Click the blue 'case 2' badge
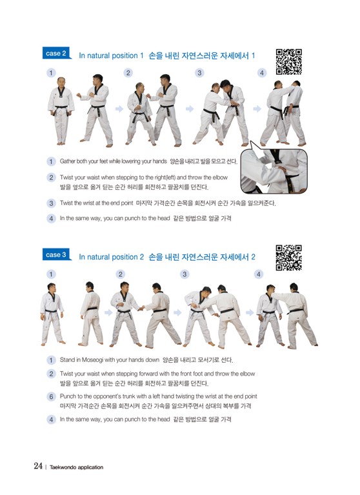[56, 54]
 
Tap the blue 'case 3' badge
[56, 255]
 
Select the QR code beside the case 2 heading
[288, 62]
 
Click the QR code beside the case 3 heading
[288, 258]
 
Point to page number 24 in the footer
[38, 466]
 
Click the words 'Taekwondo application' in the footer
[76, 467]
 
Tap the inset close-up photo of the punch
[274, 171]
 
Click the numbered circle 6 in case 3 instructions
[51, 396]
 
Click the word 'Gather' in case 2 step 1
[68, 161]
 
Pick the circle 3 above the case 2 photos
[199, 73]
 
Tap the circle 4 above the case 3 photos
[259, 274]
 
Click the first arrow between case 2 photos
[119, 109]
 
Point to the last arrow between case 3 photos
[250, 312]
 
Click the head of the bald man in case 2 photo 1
[61, 81]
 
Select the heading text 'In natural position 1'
[111, 56]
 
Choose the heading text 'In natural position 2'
[111, 257]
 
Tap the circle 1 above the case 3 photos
[51, 274]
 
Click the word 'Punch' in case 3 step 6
[67, 396]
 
